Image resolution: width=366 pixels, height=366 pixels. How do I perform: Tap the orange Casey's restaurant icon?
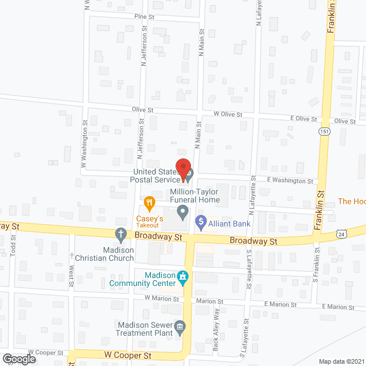tap(149, 202)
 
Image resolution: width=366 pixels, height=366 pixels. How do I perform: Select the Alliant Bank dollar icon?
tap(201, 221)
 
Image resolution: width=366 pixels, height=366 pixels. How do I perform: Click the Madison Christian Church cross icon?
tap(121, 233)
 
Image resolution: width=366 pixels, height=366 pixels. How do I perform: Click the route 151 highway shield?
tap(324, 132)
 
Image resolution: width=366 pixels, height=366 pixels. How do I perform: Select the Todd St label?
tap(13, 249)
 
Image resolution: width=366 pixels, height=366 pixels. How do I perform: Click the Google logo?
tap(19, 359)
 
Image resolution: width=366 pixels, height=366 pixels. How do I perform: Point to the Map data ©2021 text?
tap(341, 361)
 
